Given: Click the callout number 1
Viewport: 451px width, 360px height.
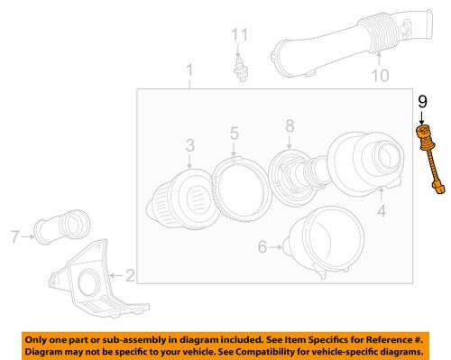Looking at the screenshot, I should [x=189, y=70].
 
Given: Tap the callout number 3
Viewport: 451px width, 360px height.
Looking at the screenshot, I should [x=190, y=144].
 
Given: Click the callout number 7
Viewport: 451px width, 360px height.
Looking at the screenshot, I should [x=14, y=237].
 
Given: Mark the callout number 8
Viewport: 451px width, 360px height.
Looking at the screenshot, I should [x=290, y=125].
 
